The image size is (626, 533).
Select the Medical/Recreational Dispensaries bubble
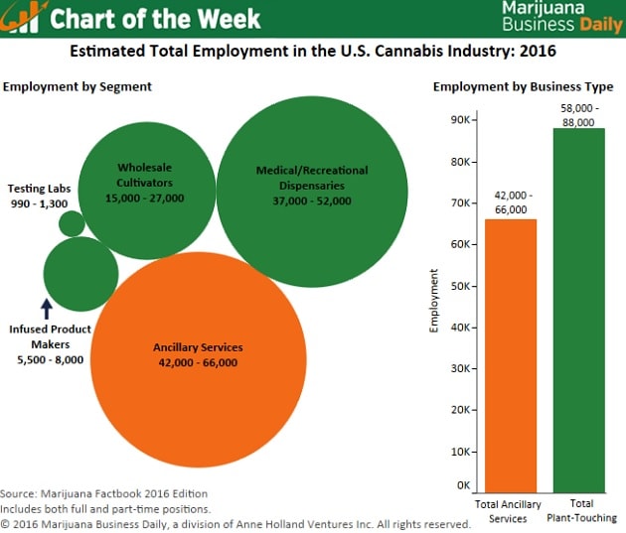pos(312,178)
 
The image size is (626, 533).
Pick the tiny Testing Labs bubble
pos(72,223)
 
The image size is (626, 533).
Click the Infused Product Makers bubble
pos(80,274)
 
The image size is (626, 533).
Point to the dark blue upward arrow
pos(46,309)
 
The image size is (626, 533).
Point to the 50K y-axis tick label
pos(460,285)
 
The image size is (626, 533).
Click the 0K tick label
pos(463,485)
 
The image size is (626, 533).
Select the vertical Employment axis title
pos(434,300)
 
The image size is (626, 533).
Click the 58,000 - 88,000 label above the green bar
pos(577,113)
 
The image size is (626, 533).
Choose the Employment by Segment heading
pos(78,86)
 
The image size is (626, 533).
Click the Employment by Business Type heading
pos(523,86)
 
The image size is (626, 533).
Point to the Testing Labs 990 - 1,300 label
pos(38,196)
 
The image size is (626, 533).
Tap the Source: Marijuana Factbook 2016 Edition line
pos(104,493)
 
